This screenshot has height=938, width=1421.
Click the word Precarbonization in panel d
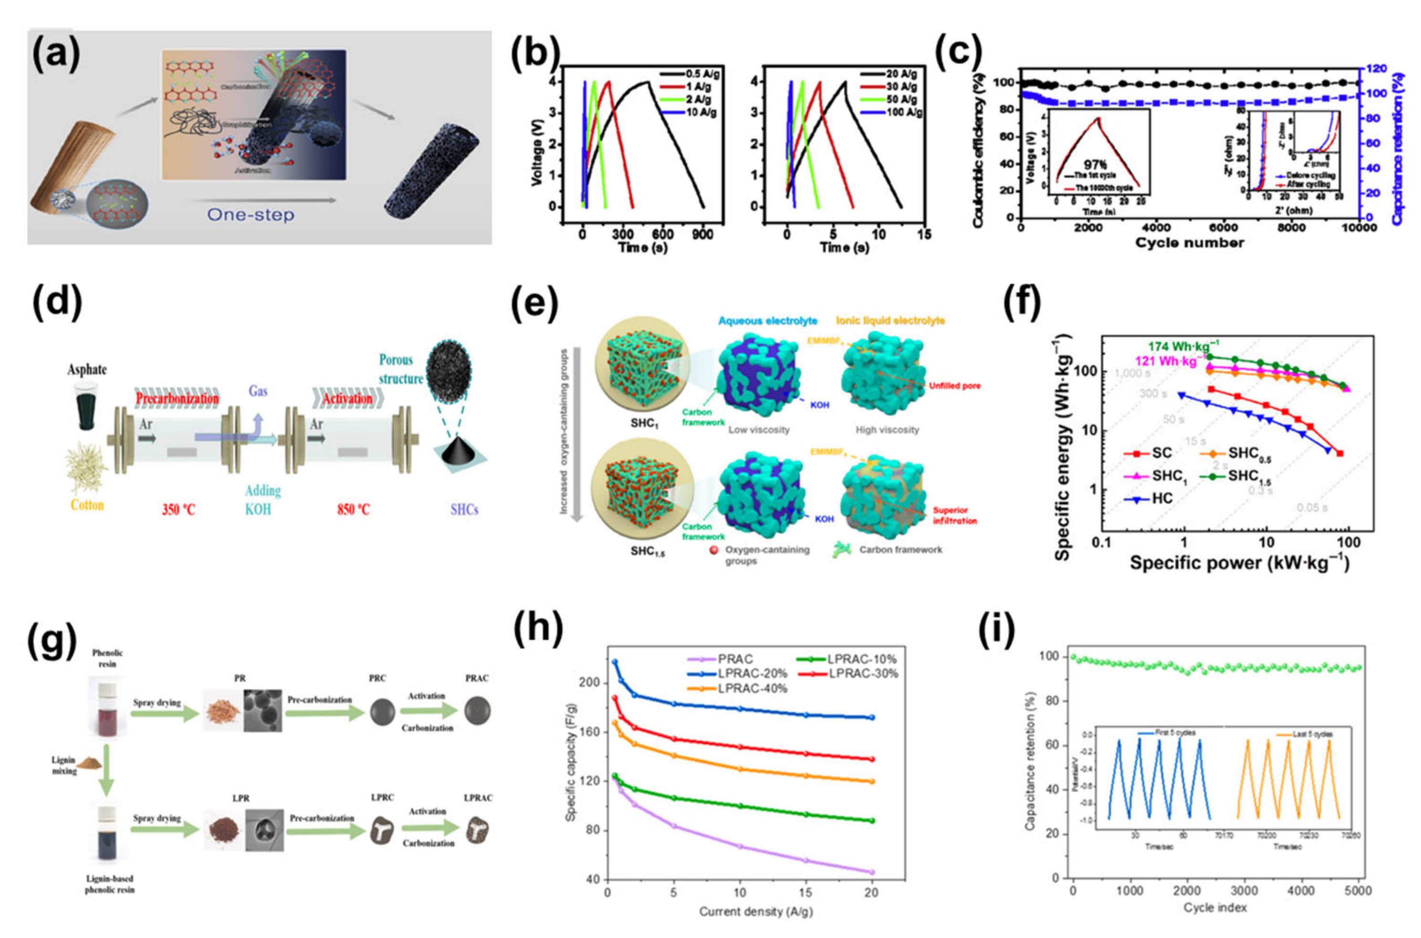pyautogui.click(x=177, y=398)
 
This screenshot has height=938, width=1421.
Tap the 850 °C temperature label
pyautogui.click(x=353, y=510)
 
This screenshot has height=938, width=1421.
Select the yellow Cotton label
pyautogui.click(x=87, y=505)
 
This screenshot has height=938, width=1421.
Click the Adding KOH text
pyautogui.click(x=262, y=500)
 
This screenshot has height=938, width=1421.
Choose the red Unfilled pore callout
pyautogui.click(x=954, y=386)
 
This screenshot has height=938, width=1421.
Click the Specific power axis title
pyautogui.click(x=1239, y=563)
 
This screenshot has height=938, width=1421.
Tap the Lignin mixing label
pyautogui.click(x=64, y=766)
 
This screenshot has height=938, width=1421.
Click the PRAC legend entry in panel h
pyautogui.click(x=735, y=659)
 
